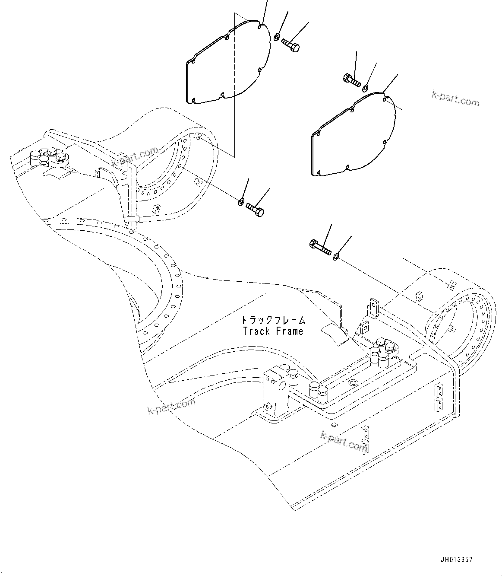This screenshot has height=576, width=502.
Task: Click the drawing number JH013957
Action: pos(457,560)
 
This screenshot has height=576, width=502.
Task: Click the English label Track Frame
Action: pos(273,331)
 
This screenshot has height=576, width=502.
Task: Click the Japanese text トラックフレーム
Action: pos(273,320)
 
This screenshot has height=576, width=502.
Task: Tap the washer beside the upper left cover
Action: pos(277,37)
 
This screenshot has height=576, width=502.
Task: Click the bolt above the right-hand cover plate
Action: pos(350,80)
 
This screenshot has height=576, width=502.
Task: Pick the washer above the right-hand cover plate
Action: pos(366,89)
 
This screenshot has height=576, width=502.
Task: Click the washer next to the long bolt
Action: pos(336,258)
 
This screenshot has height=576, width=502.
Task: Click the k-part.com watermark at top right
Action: pos(455,99)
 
